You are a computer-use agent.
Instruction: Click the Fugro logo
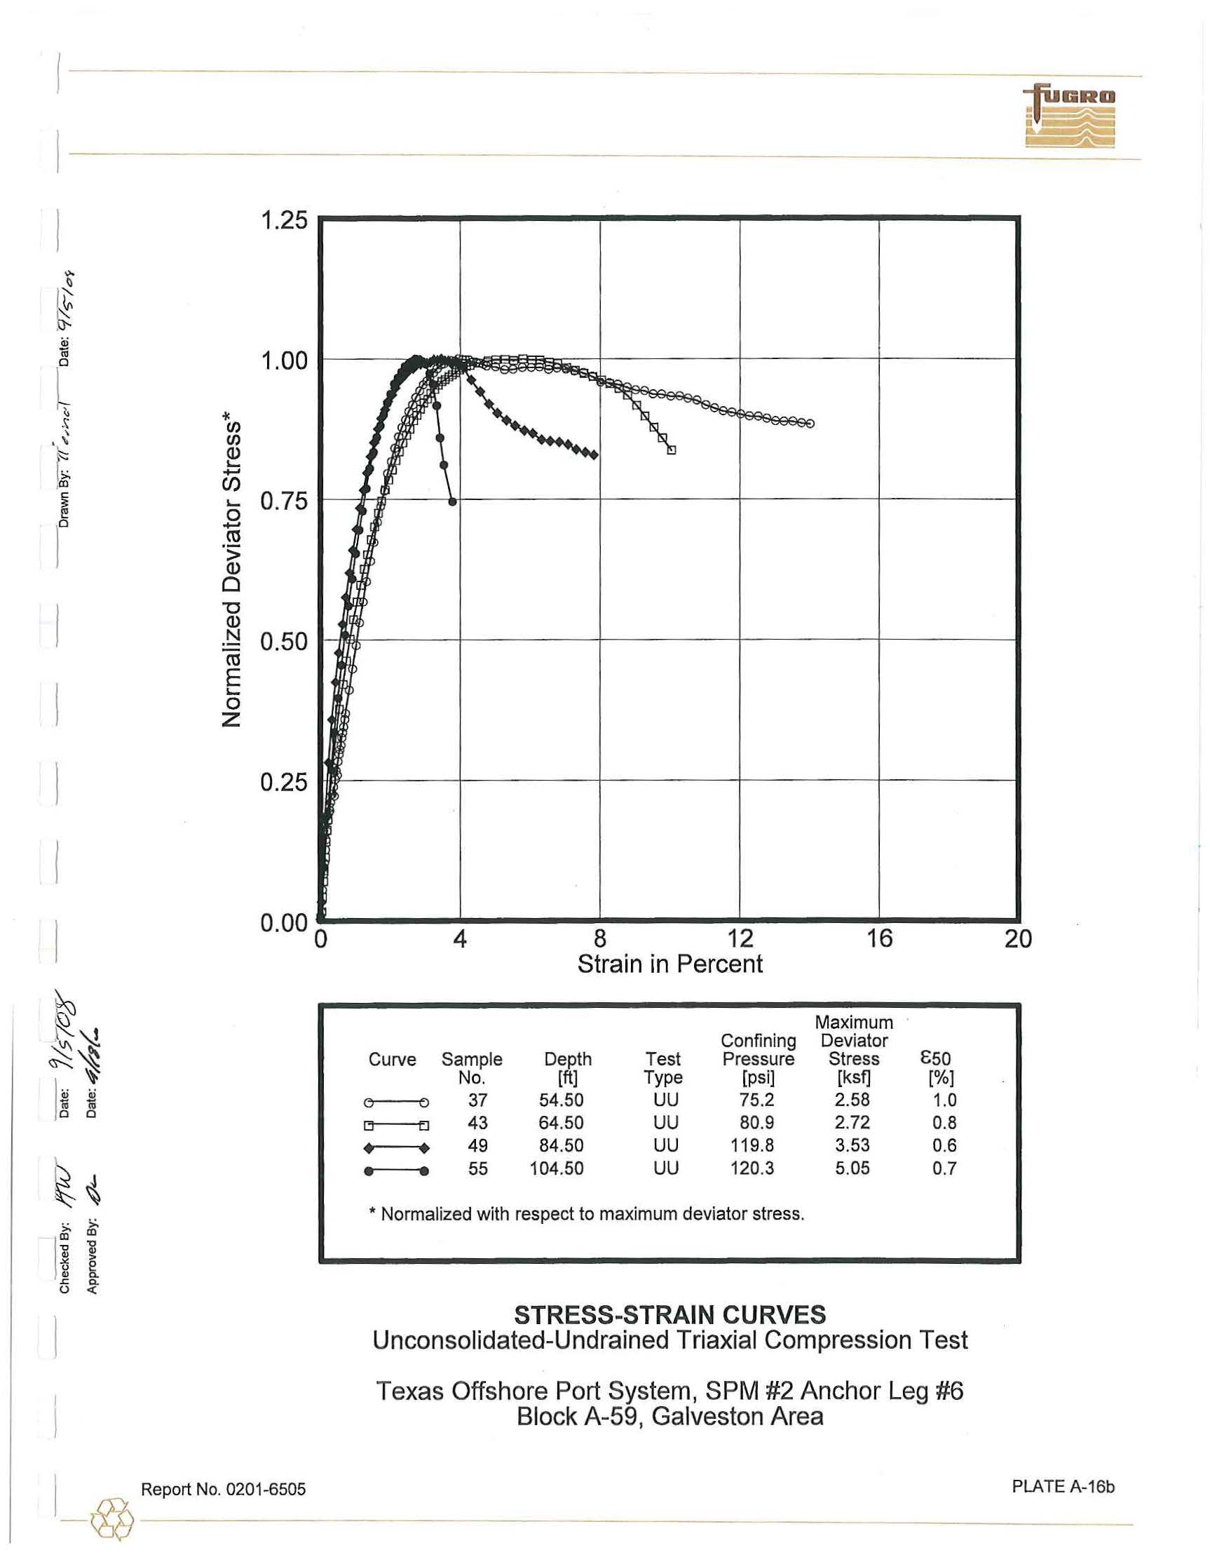[x=1070, y=117]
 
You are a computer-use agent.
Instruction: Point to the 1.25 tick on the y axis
[x=284, y=220]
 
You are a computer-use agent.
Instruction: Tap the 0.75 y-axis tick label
[x=284, y=501]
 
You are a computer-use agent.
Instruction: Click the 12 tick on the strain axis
[x=740, y=938]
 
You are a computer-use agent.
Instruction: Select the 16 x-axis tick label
[x=879, y=938]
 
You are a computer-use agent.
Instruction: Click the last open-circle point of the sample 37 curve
[x=810, y=424]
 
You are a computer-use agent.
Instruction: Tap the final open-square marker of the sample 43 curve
[x=672, y=450]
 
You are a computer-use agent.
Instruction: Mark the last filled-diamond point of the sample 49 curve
[x=594, y=455]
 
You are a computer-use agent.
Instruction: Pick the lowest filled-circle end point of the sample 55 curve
[x=452, y=502]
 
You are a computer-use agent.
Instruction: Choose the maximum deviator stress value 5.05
[x=852, y=1168]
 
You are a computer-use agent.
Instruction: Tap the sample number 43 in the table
[x=477, y=1123]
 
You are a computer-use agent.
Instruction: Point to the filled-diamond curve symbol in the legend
[x=396, y=1148]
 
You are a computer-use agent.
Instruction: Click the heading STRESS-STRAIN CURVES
[x=670, y=1314]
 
